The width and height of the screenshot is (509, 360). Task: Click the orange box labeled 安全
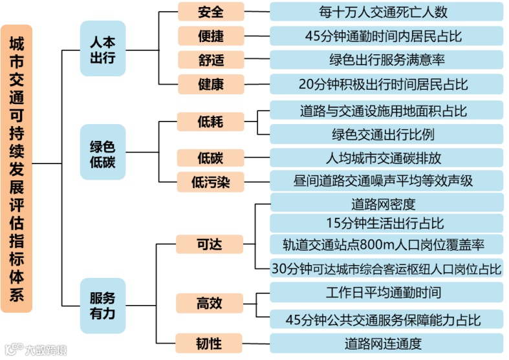tap(211, 12)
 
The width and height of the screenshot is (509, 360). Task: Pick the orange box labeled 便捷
tap(211, 36)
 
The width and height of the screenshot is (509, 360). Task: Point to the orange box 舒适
tap(211, 59)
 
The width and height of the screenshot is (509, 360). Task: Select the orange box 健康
tap(211, 84)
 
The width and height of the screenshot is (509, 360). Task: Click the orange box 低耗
tap(211, 122)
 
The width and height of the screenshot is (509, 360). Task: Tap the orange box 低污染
tap(211, 182)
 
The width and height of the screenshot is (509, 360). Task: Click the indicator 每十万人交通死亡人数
tap(386, 12)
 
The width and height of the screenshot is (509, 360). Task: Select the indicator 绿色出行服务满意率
tap(386, 59)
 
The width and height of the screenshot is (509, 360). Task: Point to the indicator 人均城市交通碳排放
tap(386, 158)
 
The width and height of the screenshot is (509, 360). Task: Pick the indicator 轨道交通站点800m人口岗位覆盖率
tap(386, 244)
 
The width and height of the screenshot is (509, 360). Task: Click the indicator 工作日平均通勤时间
tap(386, 292)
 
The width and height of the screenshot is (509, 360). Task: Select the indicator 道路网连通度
tap(386, 342)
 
